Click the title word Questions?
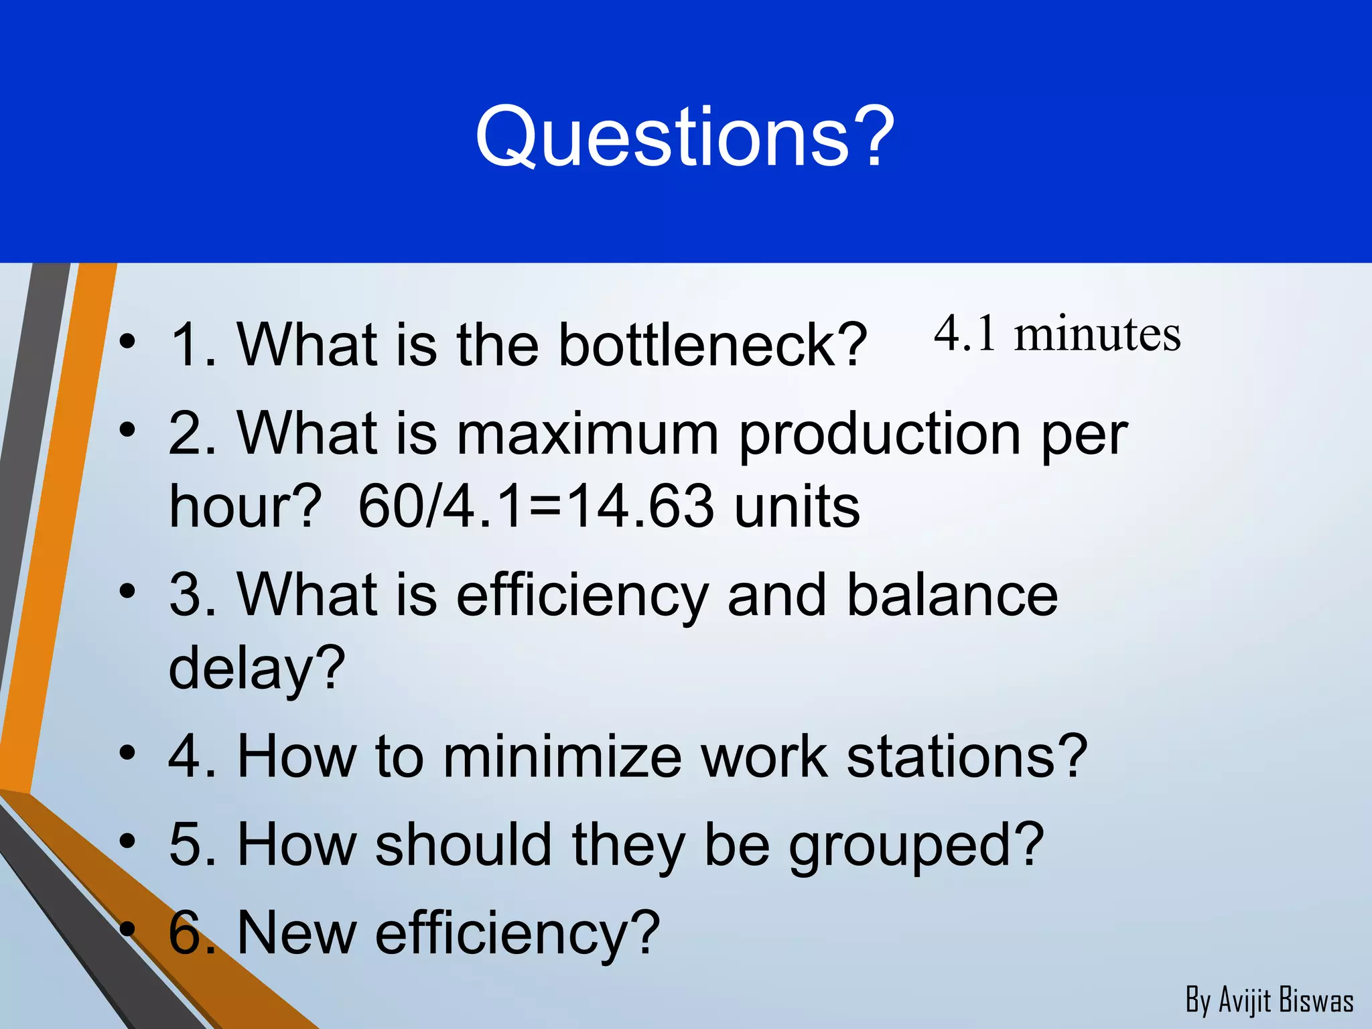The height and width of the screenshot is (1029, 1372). [685, 137]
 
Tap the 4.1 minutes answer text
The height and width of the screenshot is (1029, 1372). [1056, 334]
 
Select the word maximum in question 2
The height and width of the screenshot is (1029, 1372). [588, 434]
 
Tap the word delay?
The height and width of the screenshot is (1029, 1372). [257, 669]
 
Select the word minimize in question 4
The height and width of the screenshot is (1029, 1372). [562, 756]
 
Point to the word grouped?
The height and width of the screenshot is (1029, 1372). [916, 846]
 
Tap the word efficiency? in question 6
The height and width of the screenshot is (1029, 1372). [517, 934]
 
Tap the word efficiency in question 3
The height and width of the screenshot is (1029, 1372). [581, 596]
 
